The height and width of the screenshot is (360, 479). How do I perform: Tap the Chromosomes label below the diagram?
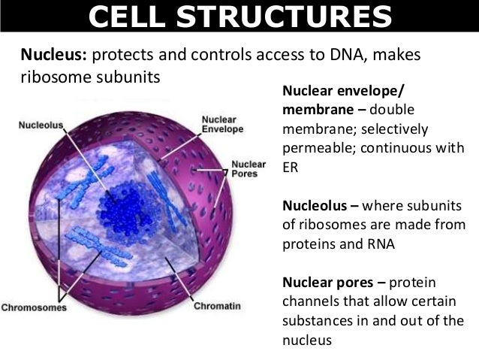(x=34, y=307)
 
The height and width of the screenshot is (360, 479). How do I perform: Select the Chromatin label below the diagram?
(x=216, y=306)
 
